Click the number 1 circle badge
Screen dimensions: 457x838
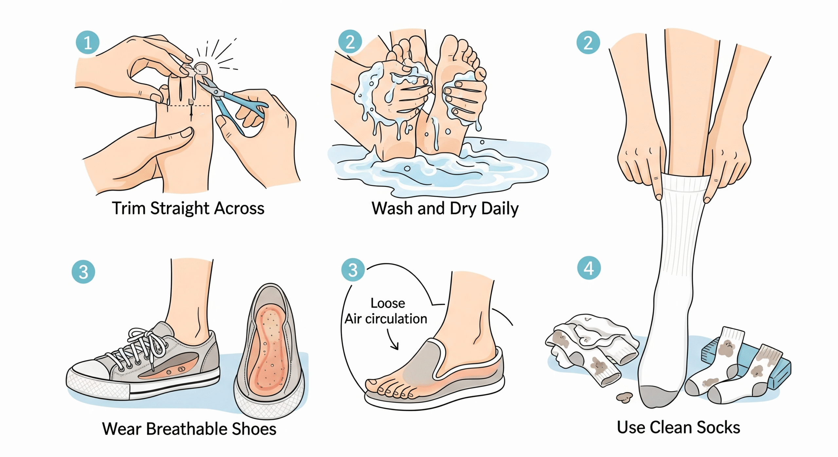coord(87,43)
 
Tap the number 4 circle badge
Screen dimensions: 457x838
coord(589,268)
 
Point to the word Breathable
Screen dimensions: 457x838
coord(186,429)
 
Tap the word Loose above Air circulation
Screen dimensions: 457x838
coord(388,303)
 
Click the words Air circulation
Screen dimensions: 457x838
coord(386,319)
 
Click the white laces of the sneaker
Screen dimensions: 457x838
coord(144,344)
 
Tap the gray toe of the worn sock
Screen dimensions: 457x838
coord(658,396)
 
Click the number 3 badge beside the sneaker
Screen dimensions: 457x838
coord(83,272)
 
